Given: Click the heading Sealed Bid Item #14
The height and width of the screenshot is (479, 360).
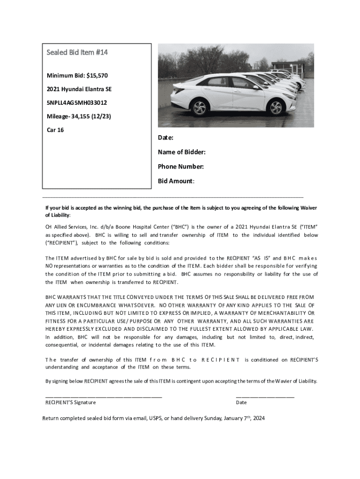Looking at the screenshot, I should (77, 52).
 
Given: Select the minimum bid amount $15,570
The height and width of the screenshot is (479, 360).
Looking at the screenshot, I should (100, 75).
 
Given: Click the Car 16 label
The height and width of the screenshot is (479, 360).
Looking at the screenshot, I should (55, 130).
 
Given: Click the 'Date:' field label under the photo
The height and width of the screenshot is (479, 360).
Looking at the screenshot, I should (166, 138).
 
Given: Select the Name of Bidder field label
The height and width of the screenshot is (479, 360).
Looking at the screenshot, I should (182, 152).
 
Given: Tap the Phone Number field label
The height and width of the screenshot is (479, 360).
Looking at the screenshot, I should (180, 167).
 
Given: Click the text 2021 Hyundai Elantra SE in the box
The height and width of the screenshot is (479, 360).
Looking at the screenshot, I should (79, 89).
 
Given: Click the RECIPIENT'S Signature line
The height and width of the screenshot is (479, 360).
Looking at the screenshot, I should (103, 396).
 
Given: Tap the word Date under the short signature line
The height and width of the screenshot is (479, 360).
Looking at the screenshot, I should (241, 402).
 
